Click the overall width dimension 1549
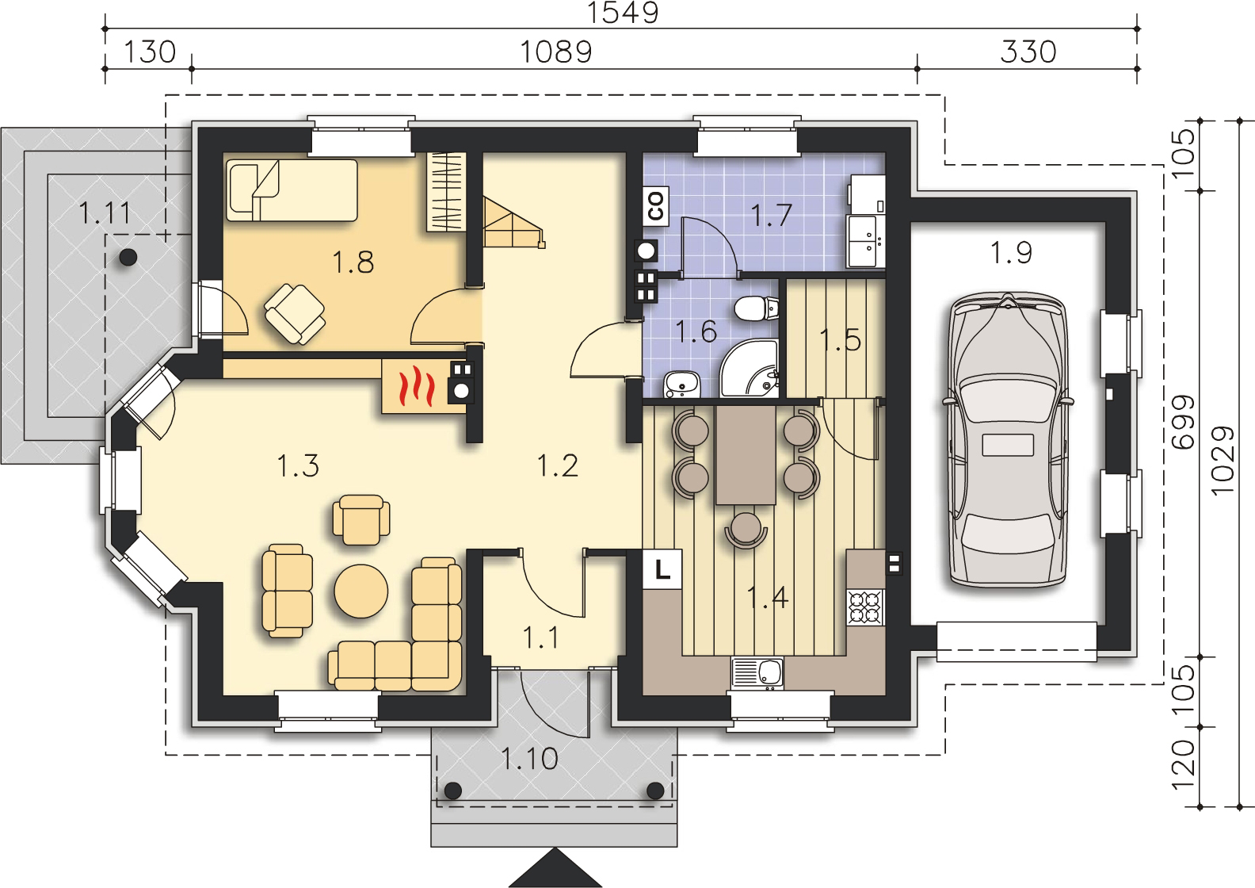[x=623, y=13]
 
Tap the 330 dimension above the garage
[x=1028, y=52]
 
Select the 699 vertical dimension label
[x=1183, y=423]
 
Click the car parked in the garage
[x=1008, y=439]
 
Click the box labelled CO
[x=655, y=205]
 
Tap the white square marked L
[x=662, y=569]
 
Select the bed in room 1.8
[x=292, y=190]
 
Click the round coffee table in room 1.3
[x=360, y=591]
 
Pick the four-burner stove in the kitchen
[x=866, y=607]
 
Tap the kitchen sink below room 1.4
[x=757, y=673]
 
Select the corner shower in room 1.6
[x=749, y=368]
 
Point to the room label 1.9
[x=1011, y=252]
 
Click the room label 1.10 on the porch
[x=529, y=759]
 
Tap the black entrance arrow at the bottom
[x=555, y=868]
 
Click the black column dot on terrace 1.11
[x=128, y=258]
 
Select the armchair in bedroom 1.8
[x=295, y=314]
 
